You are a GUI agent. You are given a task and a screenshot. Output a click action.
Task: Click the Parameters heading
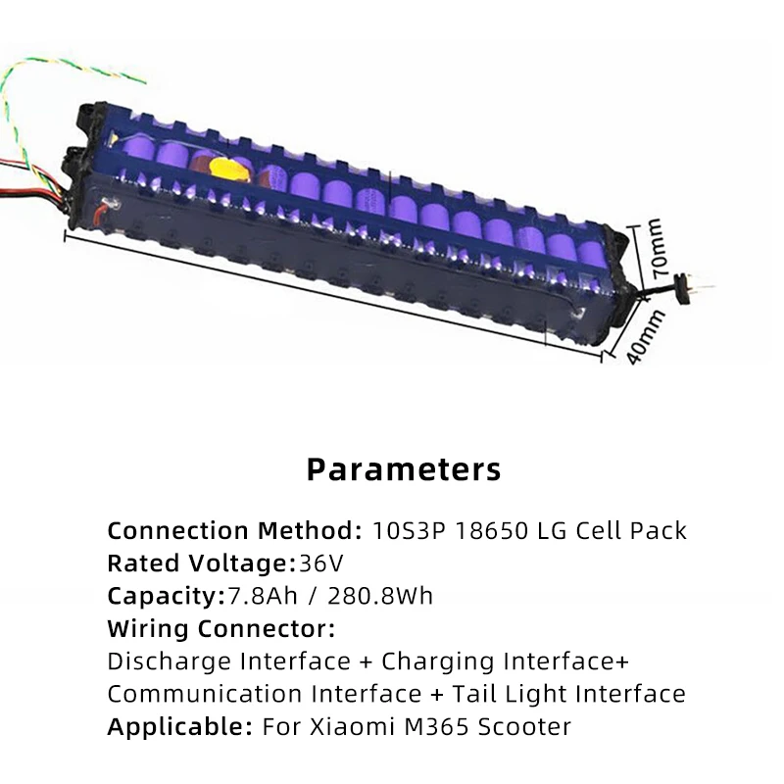coord(404,468)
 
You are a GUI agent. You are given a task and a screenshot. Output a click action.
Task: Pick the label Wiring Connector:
coord(220,628)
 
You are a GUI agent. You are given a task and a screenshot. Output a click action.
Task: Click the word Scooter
coord(522,727)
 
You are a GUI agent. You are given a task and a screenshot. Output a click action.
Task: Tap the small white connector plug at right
coord(693,283)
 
